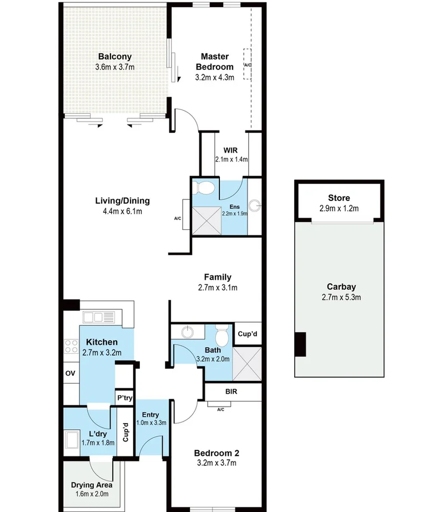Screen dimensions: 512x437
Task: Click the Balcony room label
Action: [114, 57]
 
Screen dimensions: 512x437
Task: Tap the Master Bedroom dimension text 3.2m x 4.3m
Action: [215, 77]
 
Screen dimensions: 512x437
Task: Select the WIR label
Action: [231, 150]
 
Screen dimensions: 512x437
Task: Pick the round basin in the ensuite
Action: [255, 206]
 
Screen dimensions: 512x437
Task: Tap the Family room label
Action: [218, 277]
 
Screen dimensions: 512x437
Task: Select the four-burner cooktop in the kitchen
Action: [72, 347]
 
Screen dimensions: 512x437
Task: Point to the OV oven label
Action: [71, 373]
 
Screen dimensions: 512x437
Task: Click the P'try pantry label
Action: [123, 398]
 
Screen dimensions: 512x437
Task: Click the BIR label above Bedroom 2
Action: [232, 391]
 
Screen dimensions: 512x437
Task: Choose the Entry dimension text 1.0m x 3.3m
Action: [150, 423]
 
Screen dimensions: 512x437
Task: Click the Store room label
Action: [339, 198]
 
